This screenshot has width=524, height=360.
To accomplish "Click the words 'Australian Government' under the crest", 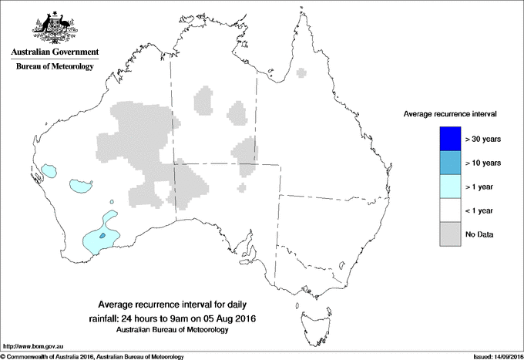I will pos(55,52).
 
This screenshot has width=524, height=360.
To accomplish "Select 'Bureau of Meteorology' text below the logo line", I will pos(55,67).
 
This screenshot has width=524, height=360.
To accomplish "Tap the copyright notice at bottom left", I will pos(92,356).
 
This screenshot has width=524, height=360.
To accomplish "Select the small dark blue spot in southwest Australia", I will pos(102,235).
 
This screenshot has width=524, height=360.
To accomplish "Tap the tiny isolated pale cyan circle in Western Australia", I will pos(113,203).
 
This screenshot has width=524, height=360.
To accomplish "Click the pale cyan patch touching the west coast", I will pos(50,170).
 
